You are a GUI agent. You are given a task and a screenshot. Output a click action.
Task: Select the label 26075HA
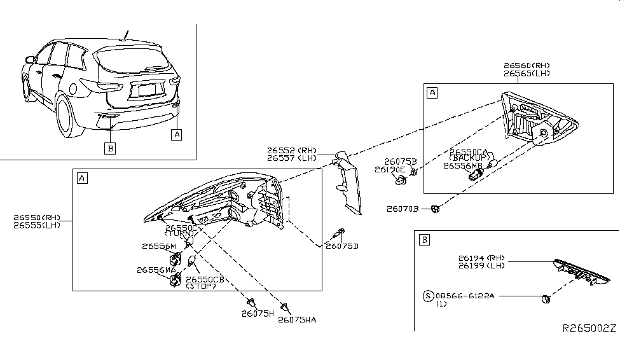[x=296, y=320]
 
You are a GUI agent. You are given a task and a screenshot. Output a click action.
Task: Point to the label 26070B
[x=403, y=209]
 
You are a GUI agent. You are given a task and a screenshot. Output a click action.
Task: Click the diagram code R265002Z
[x=589, y=328]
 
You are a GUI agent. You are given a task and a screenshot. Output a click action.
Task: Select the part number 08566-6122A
[x=467, y=296]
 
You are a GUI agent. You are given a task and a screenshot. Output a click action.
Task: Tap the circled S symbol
[x=429, y=296]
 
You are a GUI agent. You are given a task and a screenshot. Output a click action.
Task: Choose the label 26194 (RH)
[x=481, y=258]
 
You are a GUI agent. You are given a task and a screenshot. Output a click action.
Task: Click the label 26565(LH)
[x=527, y=74]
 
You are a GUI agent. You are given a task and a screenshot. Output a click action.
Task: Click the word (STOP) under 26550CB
[x=201, y=286]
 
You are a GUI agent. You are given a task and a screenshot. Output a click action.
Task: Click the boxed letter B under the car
[x=111, y=149]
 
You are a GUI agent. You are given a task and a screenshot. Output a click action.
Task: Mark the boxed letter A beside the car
[x=177, y=134]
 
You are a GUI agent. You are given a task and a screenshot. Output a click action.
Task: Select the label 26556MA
[x=155, y=270]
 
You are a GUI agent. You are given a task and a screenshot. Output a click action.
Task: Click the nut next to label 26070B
[x=434, y=208]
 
